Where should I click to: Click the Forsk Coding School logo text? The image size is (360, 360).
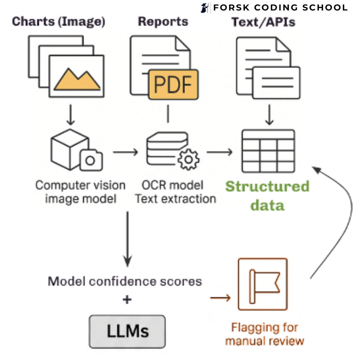280,8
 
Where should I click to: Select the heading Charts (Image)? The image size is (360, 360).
59,22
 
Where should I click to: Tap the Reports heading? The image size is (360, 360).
163,22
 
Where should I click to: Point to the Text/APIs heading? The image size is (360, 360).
263,22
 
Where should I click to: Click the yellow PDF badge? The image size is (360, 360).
173,84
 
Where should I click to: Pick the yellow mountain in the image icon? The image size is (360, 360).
77,80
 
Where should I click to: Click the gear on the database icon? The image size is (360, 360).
188,159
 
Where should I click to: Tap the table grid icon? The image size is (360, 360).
268,151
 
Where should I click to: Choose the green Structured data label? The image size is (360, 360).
267,195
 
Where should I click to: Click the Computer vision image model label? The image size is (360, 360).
80,192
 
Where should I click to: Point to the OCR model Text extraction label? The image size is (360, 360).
175,192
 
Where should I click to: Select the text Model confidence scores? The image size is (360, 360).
125,281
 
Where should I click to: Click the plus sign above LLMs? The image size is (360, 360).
127,299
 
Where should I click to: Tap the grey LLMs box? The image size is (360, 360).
127,332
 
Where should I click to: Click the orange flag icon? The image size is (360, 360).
263,284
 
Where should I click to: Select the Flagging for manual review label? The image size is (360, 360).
265,334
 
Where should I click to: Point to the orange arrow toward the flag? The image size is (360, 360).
220,298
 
